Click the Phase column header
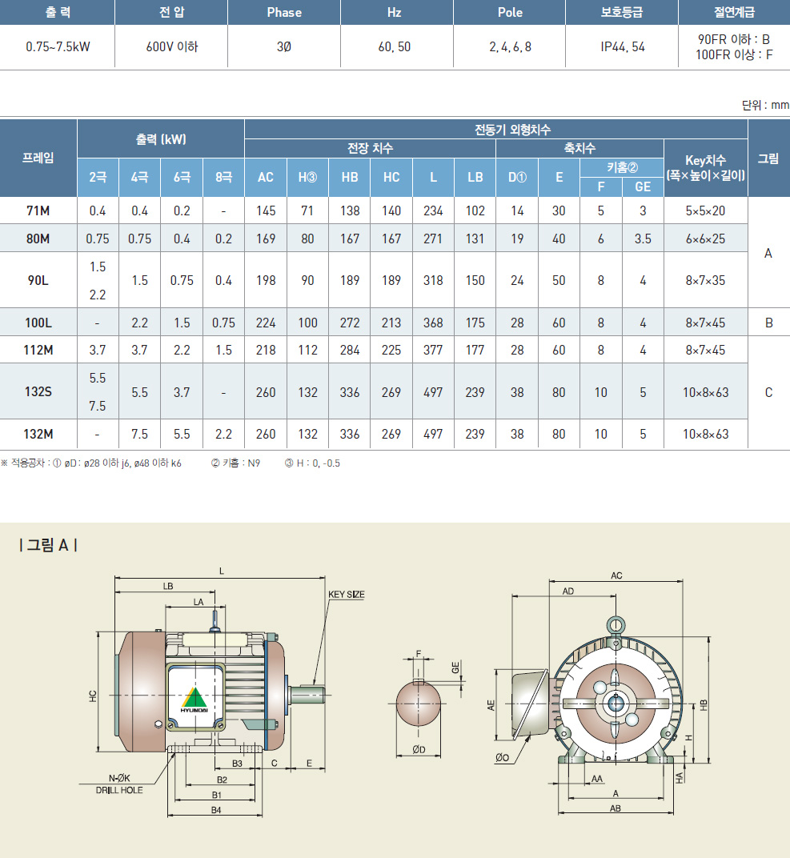coord(284,13)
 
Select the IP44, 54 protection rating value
coord(623,47)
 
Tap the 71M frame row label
coord(38,210)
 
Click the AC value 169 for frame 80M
coord(266,239)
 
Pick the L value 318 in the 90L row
coord(433,280)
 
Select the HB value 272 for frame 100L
coord(350,323)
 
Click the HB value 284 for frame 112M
coord(350,350)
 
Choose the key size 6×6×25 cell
coord(706,239)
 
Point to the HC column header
coord(391,178)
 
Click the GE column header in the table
coord(643,187)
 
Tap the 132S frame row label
coord(38,392)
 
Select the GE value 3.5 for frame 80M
coord(643,239)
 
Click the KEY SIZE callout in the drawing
coord(347,594)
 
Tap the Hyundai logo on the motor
coord(194,700)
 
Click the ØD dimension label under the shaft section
coord(419,750)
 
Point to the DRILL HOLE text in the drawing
coord(119,790)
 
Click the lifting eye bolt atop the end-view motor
coord(616,625)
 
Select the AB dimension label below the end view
coord(616,808)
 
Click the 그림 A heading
coord(48,545)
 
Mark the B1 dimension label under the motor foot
coord(216,795)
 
